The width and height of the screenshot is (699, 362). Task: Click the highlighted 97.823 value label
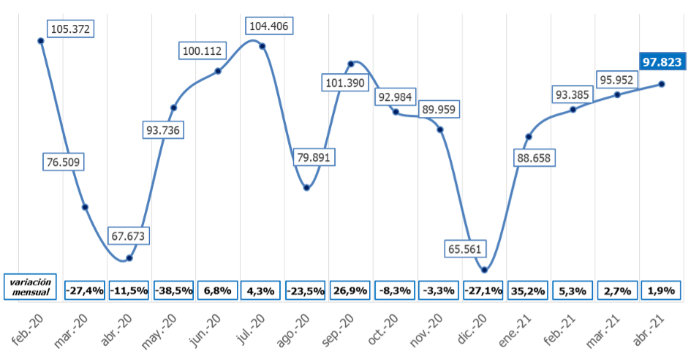[662, 62]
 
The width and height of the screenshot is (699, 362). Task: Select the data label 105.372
[73, 29]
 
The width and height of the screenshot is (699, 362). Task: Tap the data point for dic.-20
[484, 271]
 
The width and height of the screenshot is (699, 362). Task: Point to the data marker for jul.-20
[262, 46]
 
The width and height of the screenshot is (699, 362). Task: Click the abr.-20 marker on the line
[129, 257]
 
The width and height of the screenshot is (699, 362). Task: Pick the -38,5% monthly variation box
[174, 290]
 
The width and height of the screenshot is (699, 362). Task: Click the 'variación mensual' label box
[31, 287]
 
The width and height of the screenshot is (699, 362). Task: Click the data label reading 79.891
[312, 158]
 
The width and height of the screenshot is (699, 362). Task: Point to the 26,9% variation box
[351, 290]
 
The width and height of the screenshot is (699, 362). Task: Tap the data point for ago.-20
[307, 188]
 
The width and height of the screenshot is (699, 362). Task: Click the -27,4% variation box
[85, 290]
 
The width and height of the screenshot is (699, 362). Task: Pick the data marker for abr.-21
[662, 84]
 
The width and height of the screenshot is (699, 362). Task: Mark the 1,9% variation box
[661, 290]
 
